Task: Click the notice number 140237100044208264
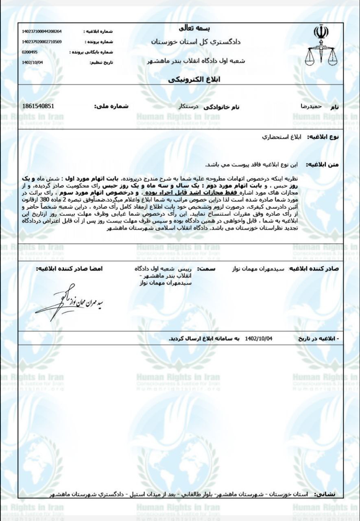(x=42, y=31)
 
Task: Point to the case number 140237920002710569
(x=42, y=42)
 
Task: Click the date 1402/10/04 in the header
(x=32, y=62)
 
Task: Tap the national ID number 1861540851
(x=38, y=106)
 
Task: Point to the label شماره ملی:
(x=111, y=107)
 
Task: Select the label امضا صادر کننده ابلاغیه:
(x=69, y=269)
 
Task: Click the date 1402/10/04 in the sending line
(x=259, y=338)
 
